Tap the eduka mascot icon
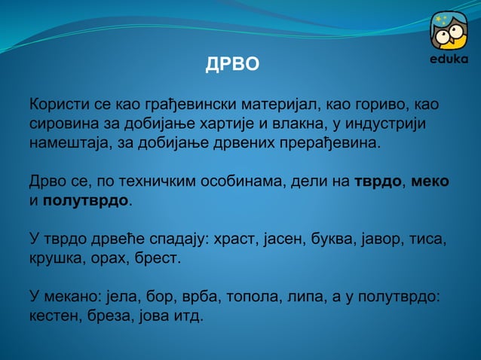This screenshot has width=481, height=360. coord(449,31)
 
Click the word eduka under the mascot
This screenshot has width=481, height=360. coord(449,59)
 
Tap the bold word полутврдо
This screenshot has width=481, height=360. coord(86,201)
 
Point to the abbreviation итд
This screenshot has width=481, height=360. coord(188,318)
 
